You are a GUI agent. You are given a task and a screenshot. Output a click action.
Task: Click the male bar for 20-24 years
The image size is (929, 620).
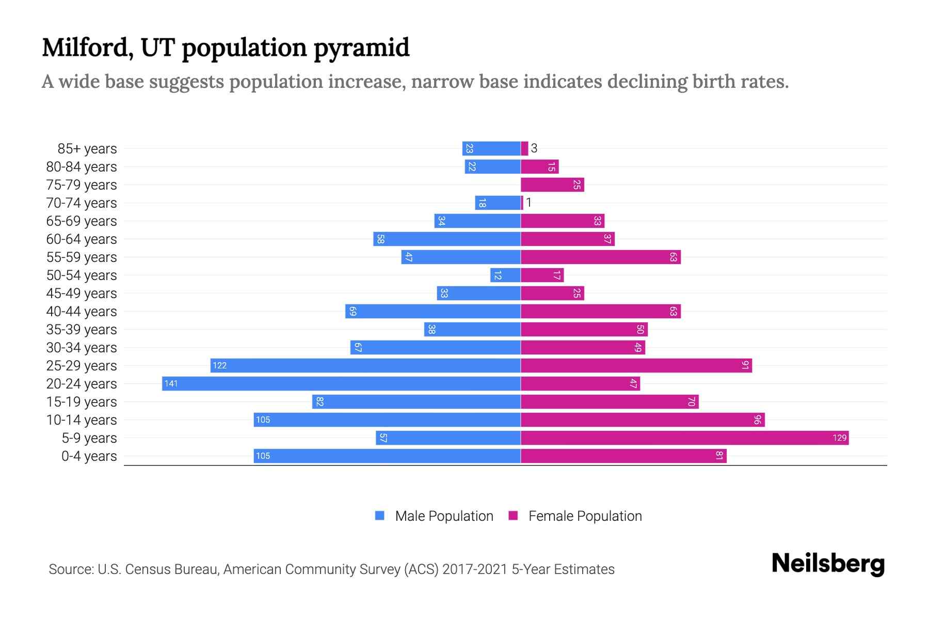(341, 383)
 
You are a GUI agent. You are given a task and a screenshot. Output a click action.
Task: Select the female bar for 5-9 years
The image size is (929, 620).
(684, 438)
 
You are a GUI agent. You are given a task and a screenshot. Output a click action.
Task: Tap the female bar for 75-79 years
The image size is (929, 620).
(552, 184)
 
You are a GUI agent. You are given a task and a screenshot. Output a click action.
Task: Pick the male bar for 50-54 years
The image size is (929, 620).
(505, 275)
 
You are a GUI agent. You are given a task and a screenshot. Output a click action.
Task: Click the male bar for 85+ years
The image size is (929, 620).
(491, 148)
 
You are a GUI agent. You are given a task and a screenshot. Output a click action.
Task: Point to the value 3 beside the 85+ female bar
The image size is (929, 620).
(534, 148)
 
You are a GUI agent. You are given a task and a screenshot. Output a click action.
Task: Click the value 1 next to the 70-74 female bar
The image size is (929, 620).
(528, 203)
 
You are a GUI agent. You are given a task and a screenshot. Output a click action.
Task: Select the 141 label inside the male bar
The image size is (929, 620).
(171, 383)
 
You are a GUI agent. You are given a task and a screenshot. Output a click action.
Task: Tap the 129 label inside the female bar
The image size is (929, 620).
(839, 438)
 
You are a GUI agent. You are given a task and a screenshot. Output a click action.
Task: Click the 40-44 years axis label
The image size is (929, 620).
(82, 311)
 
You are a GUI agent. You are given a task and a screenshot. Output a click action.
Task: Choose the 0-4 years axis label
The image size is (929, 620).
(89, 456)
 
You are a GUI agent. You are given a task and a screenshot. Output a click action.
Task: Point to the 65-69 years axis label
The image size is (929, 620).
(82, 221)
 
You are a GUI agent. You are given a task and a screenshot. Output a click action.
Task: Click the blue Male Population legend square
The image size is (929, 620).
(380, 516)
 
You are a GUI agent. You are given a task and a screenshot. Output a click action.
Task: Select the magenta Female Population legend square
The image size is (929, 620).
(513, 516)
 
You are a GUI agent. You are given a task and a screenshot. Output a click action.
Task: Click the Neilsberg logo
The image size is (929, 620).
(828, 563)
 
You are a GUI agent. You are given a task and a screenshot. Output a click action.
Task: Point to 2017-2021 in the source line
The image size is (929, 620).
(475, 569)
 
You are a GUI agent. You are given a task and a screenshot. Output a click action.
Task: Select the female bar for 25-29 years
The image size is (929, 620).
(636, 365)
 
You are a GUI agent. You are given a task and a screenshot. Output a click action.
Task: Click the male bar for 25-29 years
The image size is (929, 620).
(365, 365)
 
